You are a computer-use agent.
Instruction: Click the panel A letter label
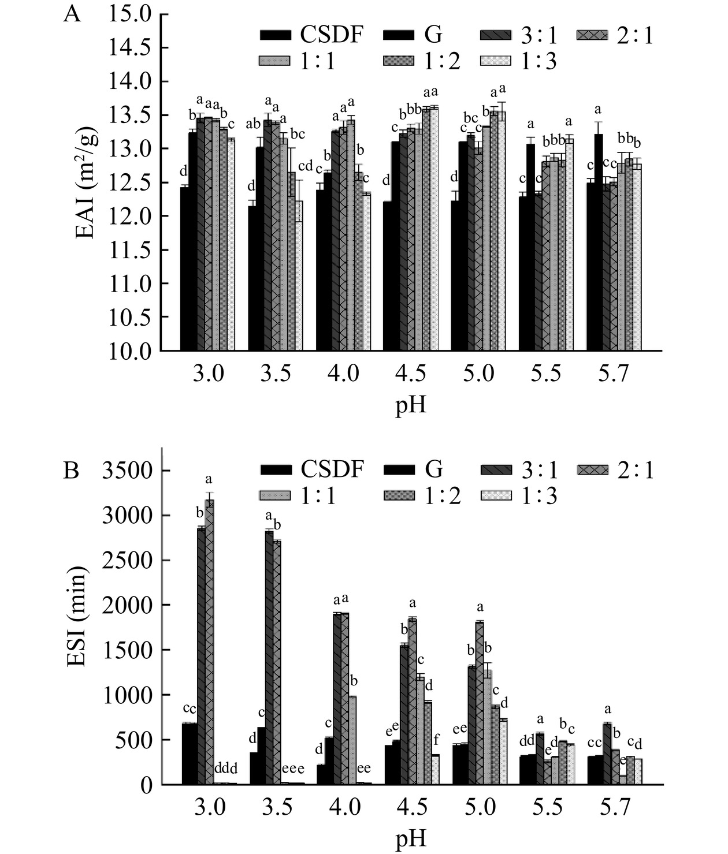(72, 14)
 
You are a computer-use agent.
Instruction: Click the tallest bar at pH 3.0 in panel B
(209, 641)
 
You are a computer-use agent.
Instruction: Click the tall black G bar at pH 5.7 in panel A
(599, 243)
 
